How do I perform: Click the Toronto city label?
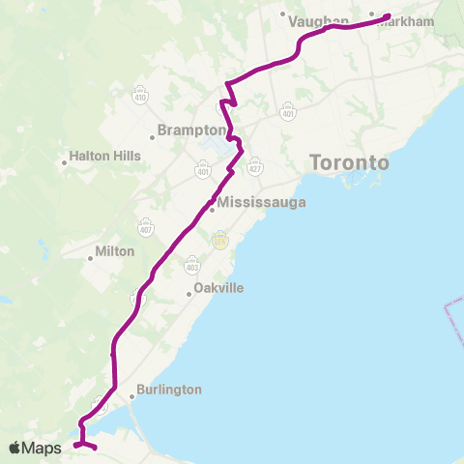(x=350, y=162)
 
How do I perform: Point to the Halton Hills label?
(x=105, y=155)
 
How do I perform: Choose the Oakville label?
(x=219, y=288)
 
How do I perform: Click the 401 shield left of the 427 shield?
(x=203, y=170)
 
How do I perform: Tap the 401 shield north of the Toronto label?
(x=289, y=113)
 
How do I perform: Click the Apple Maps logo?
(x=37, y=448)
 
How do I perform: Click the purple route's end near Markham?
(x=388, y=16)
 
